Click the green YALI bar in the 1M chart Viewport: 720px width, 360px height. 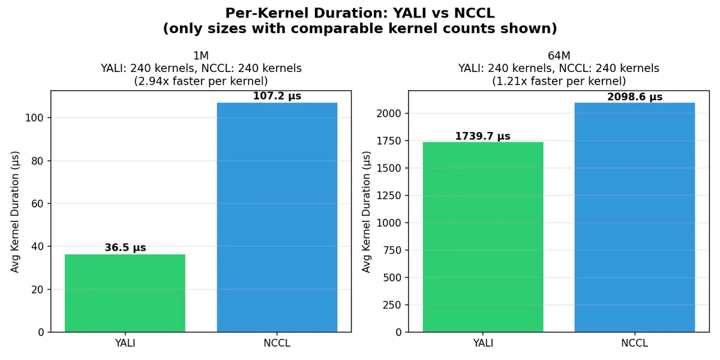point(125,293)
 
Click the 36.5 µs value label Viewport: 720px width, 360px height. point(125,248)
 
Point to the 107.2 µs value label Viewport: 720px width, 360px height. point(277,96)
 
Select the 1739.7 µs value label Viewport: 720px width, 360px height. point(482,136)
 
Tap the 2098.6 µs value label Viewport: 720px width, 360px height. point(634,97)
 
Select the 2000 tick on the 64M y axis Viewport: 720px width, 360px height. point(389,113)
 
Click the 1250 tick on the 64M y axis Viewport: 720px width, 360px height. point(389,196)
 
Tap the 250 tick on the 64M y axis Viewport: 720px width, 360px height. point(392,305)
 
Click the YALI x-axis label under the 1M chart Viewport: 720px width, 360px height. point(125,343)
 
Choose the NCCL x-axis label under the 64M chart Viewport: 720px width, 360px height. point(634,343)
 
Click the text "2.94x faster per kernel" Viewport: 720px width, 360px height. point(200,81)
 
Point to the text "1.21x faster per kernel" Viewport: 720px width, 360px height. point(559,81)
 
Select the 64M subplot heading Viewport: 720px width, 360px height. point(559,56)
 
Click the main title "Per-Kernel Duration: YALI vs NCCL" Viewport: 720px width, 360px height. point(360,13)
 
